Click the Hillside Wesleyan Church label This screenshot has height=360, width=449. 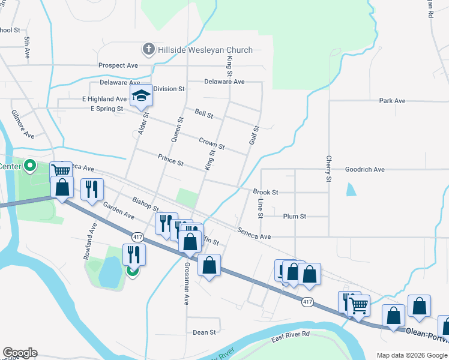click(205, 50)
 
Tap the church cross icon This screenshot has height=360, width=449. click(148, 49)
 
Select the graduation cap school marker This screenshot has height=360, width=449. click(141, 96)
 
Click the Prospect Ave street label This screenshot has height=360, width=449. click(118, 65)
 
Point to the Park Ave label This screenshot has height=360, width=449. click(393, 101)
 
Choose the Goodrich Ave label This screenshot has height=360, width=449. click(364, 170)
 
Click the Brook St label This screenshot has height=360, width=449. click(265, 193)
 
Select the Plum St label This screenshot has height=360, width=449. click(294, 216)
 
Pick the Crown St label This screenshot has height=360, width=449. click(211, 143)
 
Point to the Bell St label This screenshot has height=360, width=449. click(204, 112)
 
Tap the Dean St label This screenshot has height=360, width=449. click(204, 332)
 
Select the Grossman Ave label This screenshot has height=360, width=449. click(187, 283)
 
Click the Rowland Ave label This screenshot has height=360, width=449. click(89, 241)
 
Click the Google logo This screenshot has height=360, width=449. click(19, 353)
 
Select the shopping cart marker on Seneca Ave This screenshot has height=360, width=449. click(61, 172)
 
